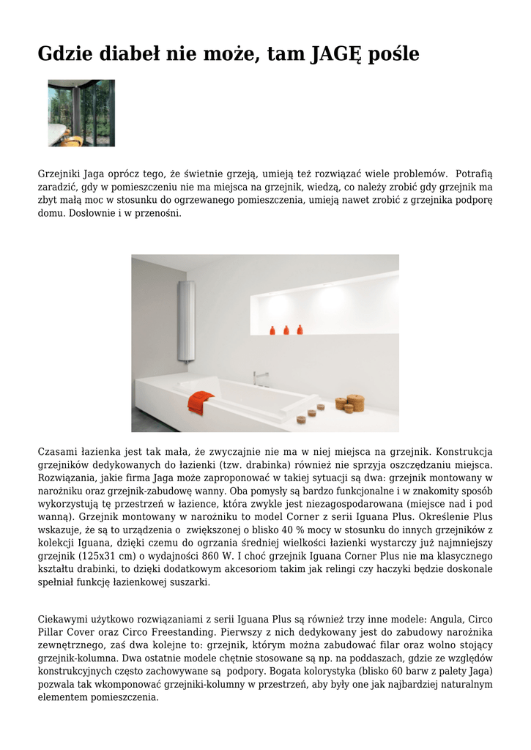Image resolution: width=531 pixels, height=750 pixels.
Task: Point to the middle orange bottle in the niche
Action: (285, 330)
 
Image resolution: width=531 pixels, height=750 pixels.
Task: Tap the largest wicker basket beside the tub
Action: (355, 402)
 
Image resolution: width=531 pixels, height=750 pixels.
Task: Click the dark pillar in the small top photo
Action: (78, 113)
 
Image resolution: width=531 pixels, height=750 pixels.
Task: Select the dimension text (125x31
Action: (84, 556)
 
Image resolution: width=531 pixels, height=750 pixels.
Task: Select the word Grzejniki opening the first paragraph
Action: (59, 174)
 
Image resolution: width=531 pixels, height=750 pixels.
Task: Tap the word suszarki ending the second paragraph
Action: (190, 582)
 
